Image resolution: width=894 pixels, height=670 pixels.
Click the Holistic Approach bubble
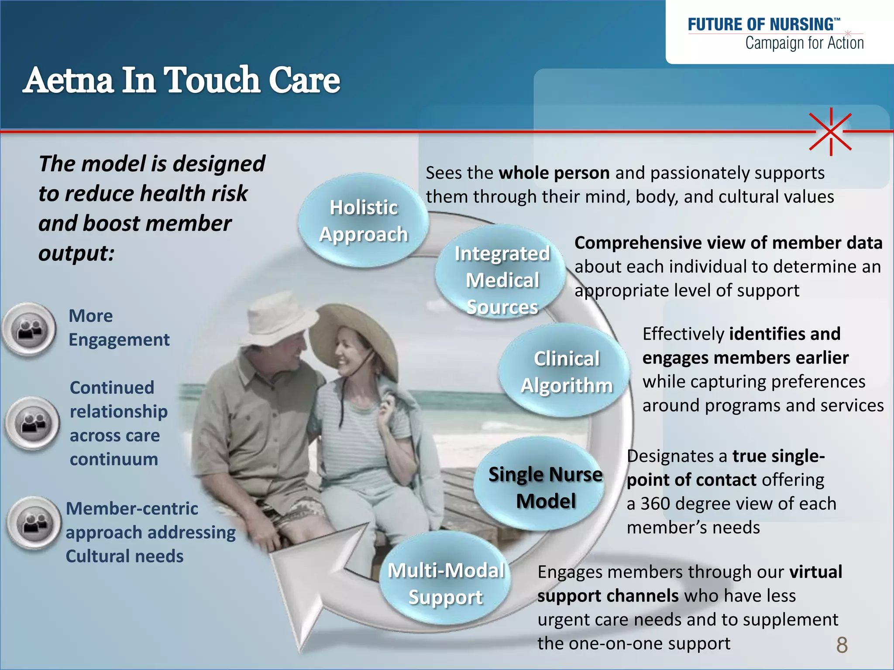(x=363, y=220)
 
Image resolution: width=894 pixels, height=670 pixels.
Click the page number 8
(x=842, y=645)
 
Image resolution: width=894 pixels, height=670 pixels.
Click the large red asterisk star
(x=831, y=131)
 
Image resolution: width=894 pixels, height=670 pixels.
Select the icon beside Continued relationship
(x=33, y=423)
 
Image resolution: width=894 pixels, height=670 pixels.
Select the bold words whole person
(x=554, y=173)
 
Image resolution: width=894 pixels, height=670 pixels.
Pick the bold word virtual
(x=815, y=572)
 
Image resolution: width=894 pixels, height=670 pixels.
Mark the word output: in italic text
(x=76, y=253)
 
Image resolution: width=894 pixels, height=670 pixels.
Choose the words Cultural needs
(x=124, y=556)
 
